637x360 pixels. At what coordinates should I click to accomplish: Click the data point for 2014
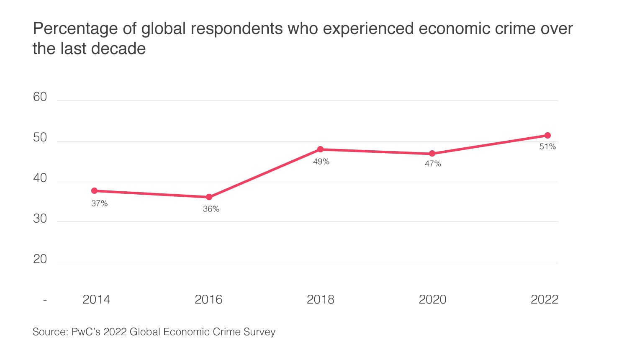95,191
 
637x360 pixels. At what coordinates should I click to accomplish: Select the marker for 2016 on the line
209,197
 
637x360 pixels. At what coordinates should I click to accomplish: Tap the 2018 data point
320,149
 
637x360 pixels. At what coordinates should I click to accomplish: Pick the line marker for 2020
432,154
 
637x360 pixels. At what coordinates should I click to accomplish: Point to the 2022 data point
547,135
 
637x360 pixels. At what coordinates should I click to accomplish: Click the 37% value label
100,203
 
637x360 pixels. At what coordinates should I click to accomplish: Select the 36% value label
211,209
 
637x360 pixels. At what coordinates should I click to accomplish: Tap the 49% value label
321,162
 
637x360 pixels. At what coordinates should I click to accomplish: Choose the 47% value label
433,164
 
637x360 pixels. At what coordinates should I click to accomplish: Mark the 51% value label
547,147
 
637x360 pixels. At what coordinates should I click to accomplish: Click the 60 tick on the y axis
40,97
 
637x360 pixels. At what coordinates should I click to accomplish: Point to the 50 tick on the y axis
40,138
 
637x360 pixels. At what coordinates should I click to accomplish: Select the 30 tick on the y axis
40,219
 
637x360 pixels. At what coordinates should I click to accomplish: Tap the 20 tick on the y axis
40,259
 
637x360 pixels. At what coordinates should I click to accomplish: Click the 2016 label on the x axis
208,300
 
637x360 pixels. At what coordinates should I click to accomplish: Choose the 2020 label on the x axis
432,300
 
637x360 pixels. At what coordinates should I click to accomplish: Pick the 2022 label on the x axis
544,300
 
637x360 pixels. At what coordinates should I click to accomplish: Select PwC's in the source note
86,332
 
